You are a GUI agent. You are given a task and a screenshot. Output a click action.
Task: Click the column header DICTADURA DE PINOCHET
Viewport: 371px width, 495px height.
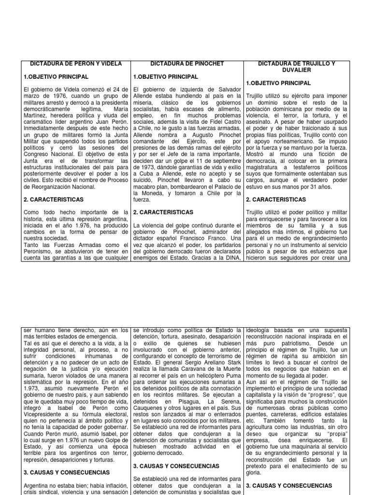pyautogui.click(x=187, y=63)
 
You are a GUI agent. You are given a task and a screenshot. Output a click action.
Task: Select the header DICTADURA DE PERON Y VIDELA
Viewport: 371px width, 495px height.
pyautogui.click(x=76, y=63)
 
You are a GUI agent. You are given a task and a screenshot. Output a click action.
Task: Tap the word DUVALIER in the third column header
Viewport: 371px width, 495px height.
pyautogui.click(x=297, y=70)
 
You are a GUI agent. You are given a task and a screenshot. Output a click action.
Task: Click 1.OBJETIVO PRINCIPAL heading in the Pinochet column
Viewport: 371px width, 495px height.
pyautogui.click(x=165, y=76)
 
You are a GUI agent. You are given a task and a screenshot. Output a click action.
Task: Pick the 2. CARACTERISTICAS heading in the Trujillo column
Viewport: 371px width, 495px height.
pyautogui.click(x=276, y=199)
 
